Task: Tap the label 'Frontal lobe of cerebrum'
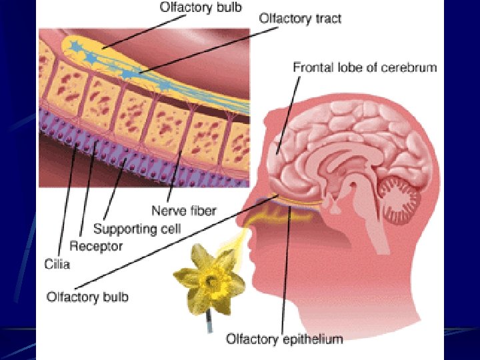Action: (x=365, y=67)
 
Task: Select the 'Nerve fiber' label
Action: (x=184, y=211)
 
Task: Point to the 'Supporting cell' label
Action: (x=137, y=229)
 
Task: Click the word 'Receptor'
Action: (x=97, y=246)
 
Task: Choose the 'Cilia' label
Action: (x=58, y=264)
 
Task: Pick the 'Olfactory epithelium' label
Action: (x=285, y=339)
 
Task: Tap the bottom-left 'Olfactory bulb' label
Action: (x=87, y=297)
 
